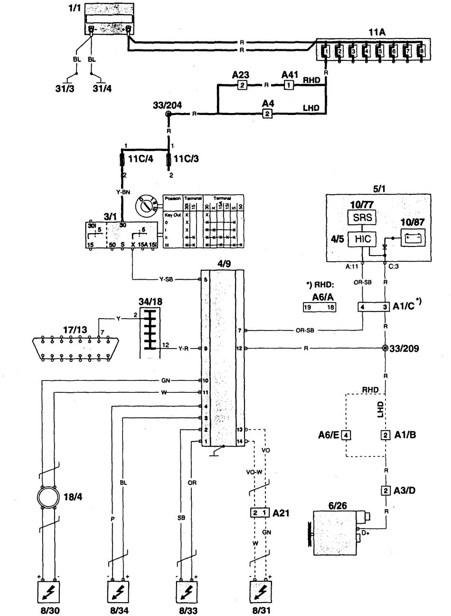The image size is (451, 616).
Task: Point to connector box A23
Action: click(242, 85)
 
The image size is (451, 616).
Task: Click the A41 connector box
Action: click(288, 85)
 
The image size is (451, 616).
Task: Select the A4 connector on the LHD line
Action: click(267, 114)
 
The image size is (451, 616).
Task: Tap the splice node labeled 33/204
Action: click(168, 114)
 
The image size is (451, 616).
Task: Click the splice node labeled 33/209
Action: click(385, 349)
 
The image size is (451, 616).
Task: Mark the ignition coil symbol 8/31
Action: click(260, 592)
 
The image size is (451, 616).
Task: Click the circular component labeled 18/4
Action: click(48, 498)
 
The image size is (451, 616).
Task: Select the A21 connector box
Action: click(260, 513)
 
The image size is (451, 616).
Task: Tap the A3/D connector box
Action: click(385, 490)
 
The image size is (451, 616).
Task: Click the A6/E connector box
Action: click(347, 435)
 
